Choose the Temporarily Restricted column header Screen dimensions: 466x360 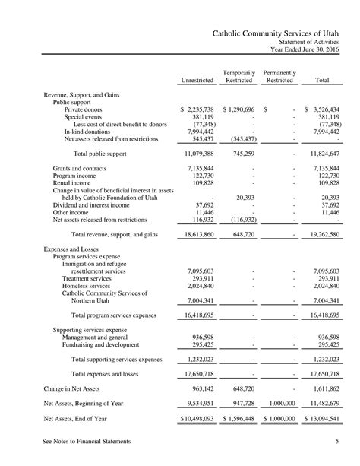pyautogui.click(x=238, y=76)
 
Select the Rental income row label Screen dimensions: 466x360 pyautogui.click(x=74, y=183)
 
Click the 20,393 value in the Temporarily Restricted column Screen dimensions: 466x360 pyautogui.click(x=245, y=198)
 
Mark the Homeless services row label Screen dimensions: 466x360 pyautogui.click(x=88, y=286)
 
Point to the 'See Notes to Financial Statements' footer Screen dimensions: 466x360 pyautogui.click(x=87, y=441)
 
